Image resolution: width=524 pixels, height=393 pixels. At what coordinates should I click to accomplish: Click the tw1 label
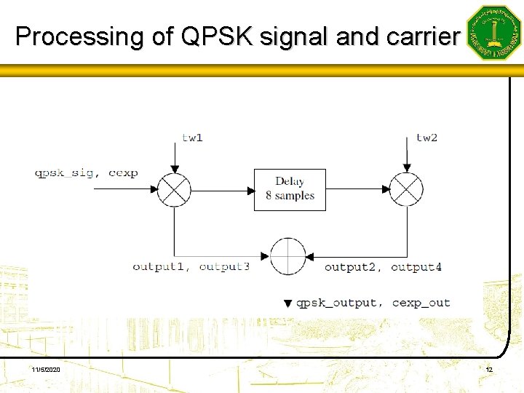192,138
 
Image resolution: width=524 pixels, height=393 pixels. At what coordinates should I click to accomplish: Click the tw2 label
426,137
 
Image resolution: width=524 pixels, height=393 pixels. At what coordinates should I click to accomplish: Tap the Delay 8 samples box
290,189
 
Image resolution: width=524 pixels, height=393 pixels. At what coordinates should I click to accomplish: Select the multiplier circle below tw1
175,191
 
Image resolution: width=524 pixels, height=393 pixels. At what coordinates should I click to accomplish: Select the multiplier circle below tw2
406,191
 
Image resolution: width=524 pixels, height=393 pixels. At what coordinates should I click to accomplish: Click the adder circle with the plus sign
288,256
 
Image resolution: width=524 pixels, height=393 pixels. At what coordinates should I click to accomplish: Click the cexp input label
123,173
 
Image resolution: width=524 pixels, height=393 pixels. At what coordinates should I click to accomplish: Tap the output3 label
224,267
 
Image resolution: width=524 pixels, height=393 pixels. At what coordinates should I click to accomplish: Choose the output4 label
416,267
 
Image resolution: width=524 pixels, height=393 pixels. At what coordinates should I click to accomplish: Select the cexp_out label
421,303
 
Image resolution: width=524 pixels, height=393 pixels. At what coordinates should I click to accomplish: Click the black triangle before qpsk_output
287,303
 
